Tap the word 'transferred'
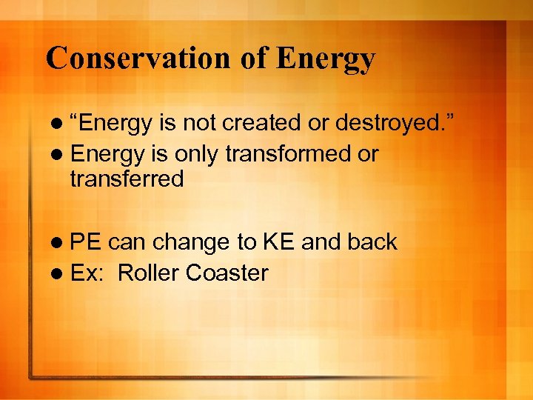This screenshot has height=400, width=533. [x=127, y=179]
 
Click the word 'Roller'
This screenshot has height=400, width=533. [x=149, y=273]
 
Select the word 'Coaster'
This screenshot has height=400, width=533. [x=227, y=273]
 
